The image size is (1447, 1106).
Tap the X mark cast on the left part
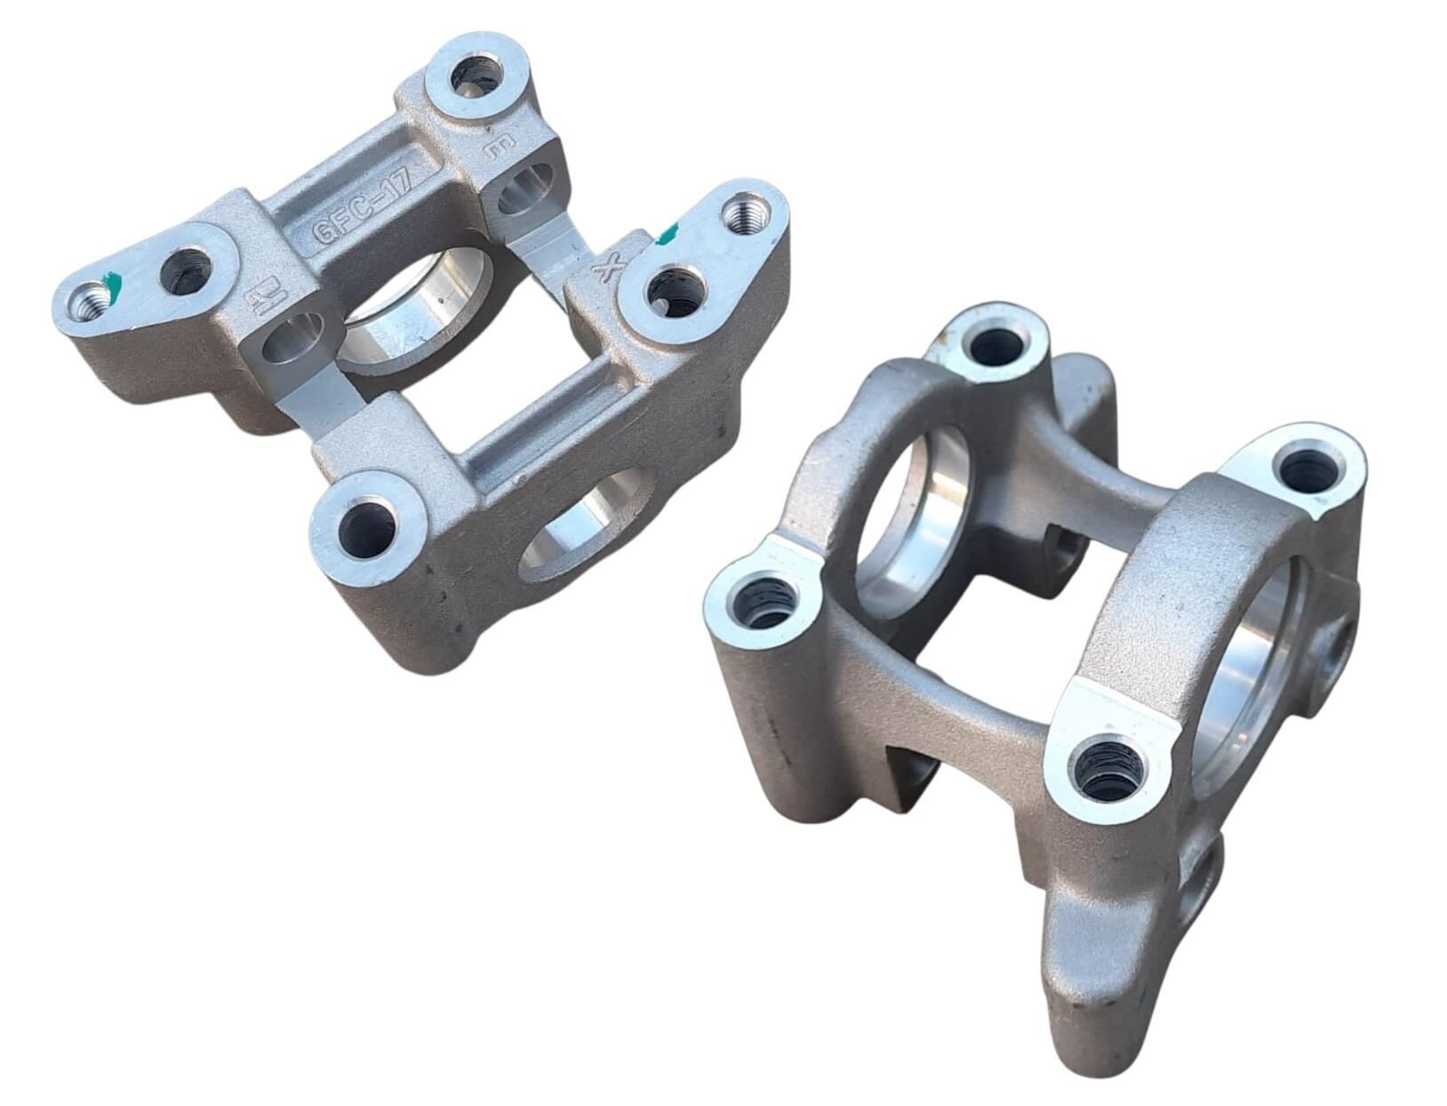pyautogui.click(x=611, y=267)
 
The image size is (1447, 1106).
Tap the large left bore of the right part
pyautogui.click(x=915, y=516)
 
